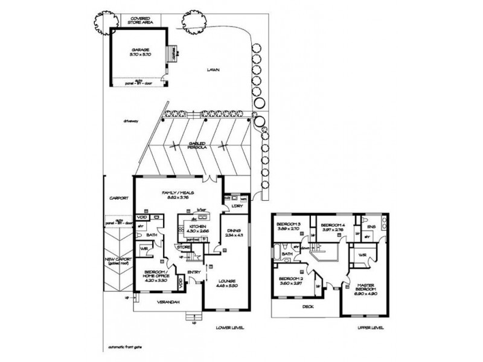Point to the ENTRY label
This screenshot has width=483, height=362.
coord(194,273)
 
